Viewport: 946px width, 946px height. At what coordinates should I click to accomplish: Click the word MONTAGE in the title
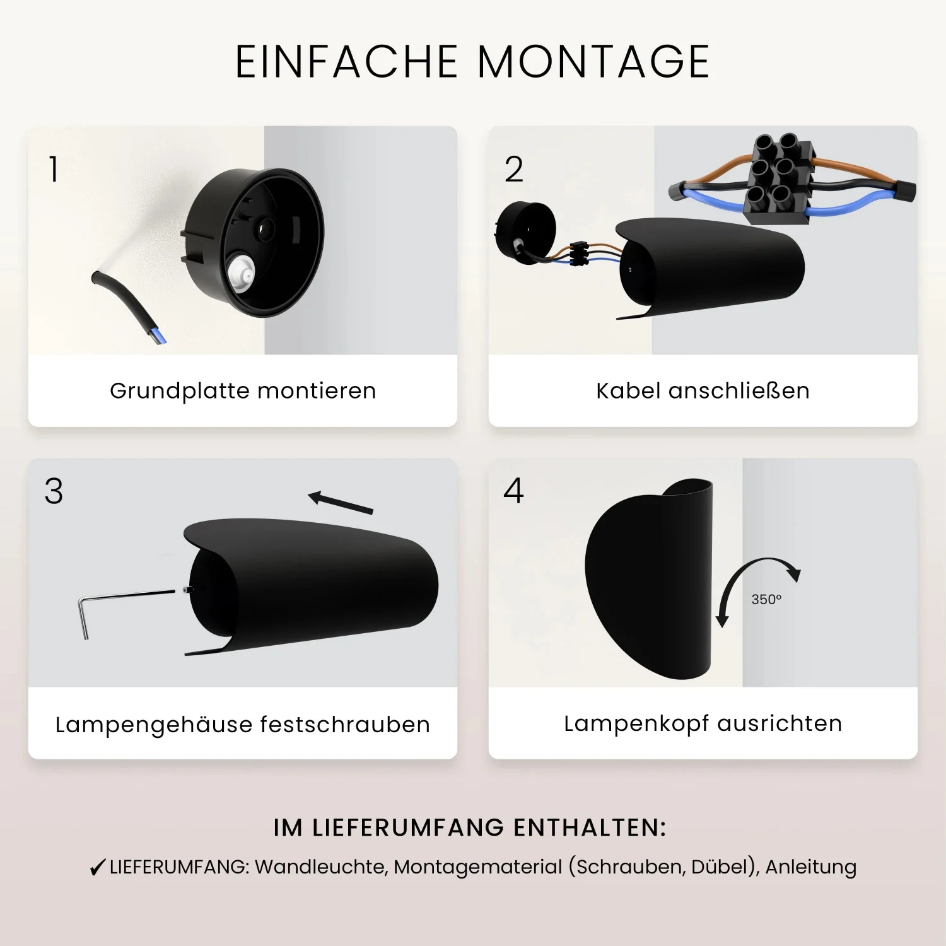click(x=593, y=62)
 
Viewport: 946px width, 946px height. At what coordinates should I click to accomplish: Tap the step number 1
click(x=54, y=169)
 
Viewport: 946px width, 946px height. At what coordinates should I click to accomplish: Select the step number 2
click(x=514, y=169)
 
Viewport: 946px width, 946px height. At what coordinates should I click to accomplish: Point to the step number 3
click(x=54, y=491)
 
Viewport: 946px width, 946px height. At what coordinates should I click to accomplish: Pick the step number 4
click(x=514, y=491)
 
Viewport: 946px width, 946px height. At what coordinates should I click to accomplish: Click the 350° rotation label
click(x=766, y=599)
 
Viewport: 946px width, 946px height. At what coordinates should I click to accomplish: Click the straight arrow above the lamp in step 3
click(x=341, y=503)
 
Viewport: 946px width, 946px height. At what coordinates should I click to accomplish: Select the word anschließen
click(x=739, y=391)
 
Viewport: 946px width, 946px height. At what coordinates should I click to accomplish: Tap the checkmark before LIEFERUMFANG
click(x=97, y=868)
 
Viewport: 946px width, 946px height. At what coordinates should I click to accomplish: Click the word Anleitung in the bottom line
click(x=811, y=867)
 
